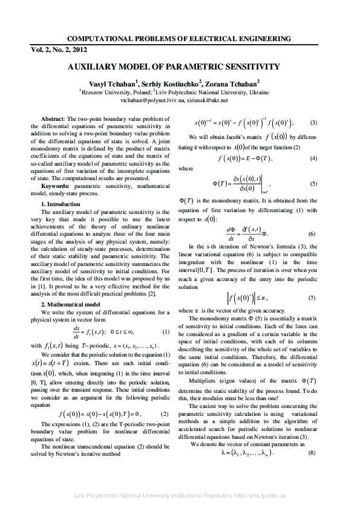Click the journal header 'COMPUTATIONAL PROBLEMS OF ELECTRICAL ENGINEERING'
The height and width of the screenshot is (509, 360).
[x=180, y=39]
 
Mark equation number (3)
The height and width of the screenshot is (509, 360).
[x=321, y=123]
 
